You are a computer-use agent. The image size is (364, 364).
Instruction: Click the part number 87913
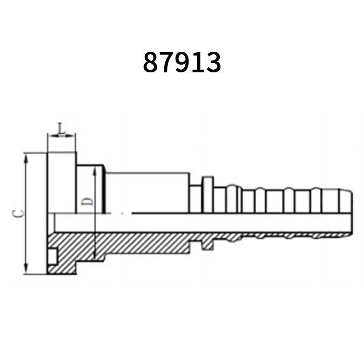click(182, 62)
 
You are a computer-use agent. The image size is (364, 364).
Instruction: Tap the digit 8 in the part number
click(151, 62)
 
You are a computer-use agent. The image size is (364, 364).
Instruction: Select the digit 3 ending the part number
click(212, 62)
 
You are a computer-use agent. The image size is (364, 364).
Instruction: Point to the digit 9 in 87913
click(182, 62)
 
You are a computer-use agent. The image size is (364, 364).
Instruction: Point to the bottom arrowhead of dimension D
click(94, 257)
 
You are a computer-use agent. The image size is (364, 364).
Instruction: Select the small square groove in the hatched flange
click(53, 256)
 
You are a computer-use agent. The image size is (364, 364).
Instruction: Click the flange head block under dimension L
click(61, 182)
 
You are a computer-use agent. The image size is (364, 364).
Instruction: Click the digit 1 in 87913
click(197, 62)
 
